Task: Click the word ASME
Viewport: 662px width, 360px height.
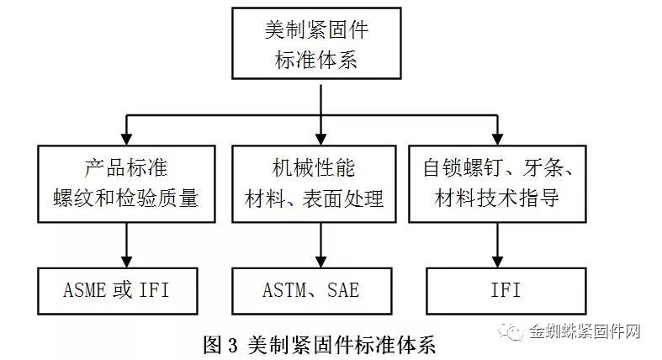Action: (84, 290)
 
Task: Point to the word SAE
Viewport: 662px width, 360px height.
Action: (343, 290)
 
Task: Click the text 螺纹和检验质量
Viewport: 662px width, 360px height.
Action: (126, 199)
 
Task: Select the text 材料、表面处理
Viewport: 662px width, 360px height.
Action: (314, 199)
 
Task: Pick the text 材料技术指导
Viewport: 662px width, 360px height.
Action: (497, 198)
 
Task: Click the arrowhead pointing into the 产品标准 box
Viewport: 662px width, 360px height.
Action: (126, 140)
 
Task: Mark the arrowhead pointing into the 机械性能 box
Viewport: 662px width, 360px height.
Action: (320, 140)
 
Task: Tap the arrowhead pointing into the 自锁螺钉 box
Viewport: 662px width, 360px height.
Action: (498, 140)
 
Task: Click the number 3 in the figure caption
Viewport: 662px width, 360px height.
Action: (233, 346)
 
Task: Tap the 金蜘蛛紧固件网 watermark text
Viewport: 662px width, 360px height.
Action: (585, 331)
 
